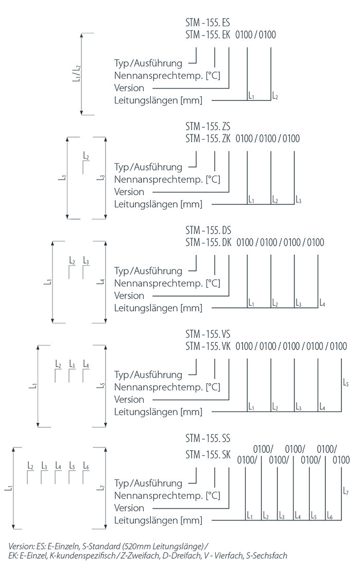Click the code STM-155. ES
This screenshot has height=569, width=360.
coord(207,24)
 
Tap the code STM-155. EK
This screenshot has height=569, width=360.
coord(207,35)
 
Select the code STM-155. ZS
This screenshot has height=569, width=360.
coord(207,127)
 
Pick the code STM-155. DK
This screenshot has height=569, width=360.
coord(207,242)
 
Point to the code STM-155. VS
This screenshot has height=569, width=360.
coord(207,334)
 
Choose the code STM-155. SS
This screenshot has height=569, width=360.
coord(207,438)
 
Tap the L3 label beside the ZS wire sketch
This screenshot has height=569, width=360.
coord(101,178)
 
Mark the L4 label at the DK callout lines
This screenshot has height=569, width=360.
coord(322,303)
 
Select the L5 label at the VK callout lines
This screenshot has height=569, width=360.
coord(346,383)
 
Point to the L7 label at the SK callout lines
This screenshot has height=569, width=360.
coord(346,492)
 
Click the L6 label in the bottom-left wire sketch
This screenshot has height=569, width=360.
coord(85,467)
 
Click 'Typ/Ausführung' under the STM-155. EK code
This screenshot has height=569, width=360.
coord(148,63)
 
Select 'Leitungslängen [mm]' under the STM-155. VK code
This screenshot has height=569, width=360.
coord(158,411)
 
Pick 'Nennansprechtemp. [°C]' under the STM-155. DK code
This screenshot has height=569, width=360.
coord(167,283)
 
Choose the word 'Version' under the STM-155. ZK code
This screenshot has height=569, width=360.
coord(129,192)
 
